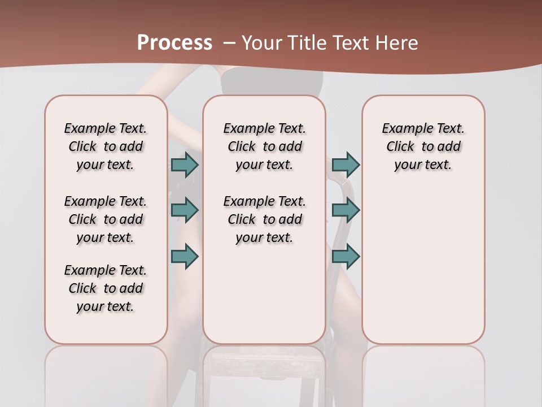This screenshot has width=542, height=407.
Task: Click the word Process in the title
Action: pos(174,43)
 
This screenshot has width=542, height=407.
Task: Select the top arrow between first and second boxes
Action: pos(185,164)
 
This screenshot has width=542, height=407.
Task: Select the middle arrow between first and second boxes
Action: pos(185,210)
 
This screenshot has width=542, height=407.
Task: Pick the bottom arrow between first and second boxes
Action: pos(185,256)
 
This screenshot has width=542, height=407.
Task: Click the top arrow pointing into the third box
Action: pos(346,164)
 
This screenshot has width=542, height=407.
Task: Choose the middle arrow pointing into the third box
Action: pos(346,210)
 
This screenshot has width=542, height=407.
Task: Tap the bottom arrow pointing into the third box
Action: pos(346,256)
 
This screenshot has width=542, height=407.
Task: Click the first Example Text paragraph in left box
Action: pos(106,146)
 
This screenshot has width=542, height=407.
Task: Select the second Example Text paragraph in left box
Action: pos(106,219)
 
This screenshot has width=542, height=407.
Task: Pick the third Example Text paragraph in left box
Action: pos(106,288)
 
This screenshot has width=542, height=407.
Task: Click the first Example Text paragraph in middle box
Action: pos(264,146)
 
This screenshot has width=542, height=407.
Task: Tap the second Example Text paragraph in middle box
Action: pos(264,219)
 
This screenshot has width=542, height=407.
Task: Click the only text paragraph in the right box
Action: pos(423,146)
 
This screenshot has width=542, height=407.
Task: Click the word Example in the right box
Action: pos(403,129)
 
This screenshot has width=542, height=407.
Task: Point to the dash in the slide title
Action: pos(229,43)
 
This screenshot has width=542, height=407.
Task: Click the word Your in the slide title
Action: pos(261,43)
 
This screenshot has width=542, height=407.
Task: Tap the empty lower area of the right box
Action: pos(423,271)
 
